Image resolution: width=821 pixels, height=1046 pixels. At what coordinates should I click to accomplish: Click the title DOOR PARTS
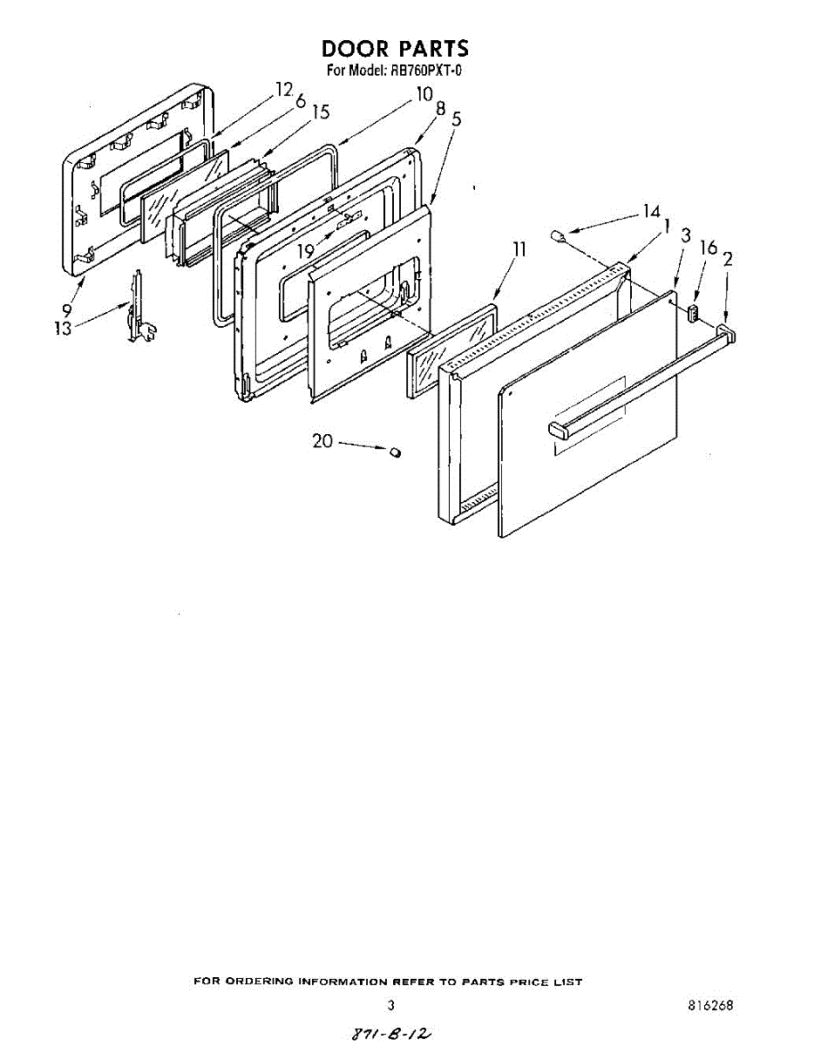point(395,48)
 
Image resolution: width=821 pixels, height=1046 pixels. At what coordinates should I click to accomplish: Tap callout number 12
point(283,89)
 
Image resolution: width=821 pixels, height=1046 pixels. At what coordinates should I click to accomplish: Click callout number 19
point(305,251)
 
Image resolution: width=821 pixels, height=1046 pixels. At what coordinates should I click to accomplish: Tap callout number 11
point(519,250)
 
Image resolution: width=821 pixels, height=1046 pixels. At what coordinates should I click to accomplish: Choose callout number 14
point(651,210)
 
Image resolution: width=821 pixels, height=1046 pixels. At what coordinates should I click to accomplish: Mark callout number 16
point(709,248)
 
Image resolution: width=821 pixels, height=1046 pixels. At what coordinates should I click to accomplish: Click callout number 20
point(322,441)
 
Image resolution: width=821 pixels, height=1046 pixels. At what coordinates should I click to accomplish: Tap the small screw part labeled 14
point(559,234)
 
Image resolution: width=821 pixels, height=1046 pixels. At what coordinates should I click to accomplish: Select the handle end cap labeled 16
point(694,312)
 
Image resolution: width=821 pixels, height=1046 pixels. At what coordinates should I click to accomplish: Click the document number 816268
point(710,1005)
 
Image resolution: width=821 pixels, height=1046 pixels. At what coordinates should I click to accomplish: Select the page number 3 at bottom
point(391,1005)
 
